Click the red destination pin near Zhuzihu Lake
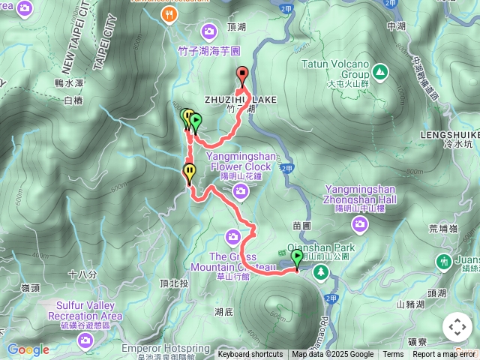point(242,74)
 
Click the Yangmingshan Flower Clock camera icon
point(241,192)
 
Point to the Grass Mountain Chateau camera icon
point(235,238)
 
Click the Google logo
point(28,349)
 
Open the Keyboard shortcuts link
point(250,355)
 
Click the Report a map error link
point(444,355)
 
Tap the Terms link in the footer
point(393,355)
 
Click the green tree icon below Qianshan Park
point(322,271)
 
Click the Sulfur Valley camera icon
point(85,341)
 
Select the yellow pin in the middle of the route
point(189,172)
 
